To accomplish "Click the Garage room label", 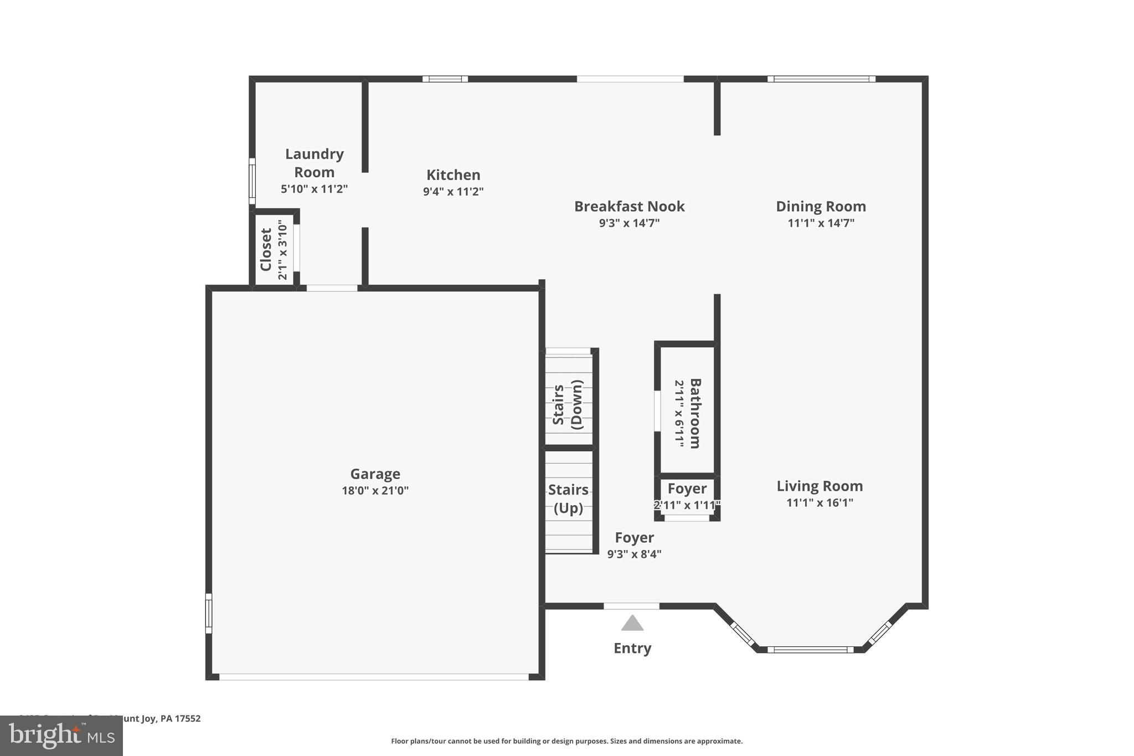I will pyautogui.click(x=375, y=474).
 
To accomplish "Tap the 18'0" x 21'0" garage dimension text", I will pyautogui.click(x=375, y=490).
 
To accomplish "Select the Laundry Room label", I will pyautogui.click(x=314, y=163).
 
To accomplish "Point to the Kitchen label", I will pyautogui.click(x=453, y=175).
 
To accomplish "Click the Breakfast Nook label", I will pyautogui.click(x=629, y=207).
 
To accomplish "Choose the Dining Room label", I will pyautogui.click(x=821, y=207).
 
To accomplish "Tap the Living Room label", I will pyautogui.click(x=819, y=486).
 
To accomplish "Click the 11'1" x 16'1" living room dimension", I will pyautogui.click(x=819, y=502).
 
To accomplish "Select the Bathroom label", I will pyautogui.click(x=695, y=413).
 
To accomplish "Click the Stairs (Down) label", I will pyautogui.click(x=568, y=405).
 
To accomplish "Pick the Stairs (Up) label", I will pyautogui.click(x=568, y=498).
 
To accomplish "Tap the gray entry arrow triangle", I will pyautogui.click(x=632, y=624).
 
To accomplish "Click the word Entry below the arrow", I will pyautogui.click(x=632, y=648).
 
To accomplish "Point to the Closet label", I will pyautogui.click(x=266, y=249).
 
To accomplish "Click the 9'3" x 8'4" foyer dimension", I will pyautogui.click(x=634, y=554).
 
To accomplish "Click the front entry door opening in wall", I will pyautogui.click(x=631, y=606).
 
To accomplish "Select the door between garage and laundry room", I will pyautogui.click(x=332, y=288).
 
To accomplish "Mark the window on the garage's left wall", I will pyautogui.click(x=209, y=613).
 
